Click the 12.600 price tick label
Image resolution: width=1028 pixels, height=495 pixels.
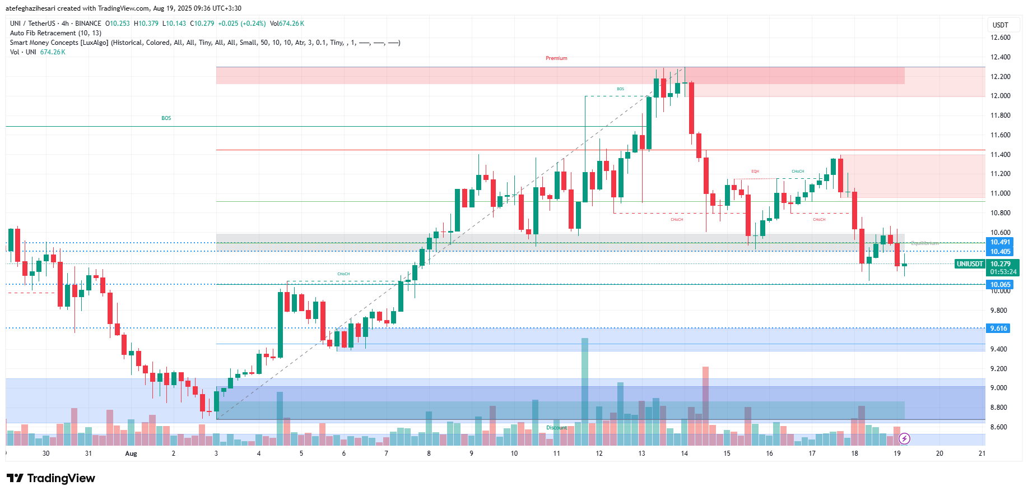pos(1000,38)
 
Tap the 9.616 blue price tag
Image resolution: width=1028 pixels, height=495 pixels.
pos(998,329)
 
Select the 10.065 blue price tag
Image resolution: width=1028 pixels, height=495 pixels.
pos(1000,285)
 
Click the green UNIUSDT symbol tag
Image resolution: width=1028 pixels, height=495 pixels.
pos(969,264)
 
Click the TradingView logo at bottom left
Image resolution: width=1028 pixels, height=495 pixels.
pos(51,478)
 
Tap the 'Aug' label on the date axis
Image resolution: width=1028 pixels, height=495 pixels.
pos(131,454)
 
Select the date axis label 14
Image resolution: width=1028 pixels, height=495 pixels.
pos(684,454)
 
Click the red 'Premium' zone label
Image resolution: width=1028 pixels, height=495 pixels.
pos(556,58)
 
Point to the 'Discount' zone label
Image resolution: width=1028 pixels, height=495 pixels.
pos(557,428)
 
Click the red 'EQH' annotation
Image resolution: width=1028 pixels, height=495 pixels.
pos(755,172)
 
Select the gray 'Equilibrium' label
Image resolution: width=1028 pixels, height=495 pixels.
pos(924,243)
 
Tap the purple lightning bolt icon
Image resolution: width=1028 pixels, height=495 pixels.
pos(904,438)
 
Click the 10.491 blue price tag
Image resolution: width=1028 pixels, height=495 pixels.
pos(1000,243)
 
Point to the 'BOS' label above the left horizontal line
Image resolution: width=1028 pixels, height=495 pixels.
pos(166,118)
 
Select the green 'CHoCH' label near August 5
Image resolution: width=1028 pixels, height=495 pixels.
pos(343,274)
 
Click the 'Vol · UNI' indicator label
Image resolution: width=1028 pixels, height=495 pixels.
pos(23,52)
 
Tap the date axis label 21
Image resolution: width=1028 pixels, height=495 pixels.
pos(982,454)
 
